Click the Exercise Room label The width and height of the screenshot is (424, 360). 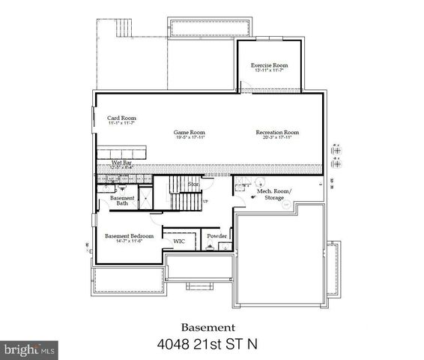[270, 65]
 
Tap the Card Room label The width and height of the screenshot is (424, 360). [121, 118]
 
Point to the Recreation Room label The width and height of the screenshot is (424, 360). [276, 132]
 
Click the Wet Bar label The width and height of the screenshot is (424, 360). [122, 162]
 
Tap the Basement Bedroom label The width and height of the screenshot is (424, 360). [129, 235]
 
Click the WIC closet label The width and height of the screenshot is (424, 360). [179, 241]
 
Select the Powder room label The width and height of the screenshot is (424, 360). [216, 235]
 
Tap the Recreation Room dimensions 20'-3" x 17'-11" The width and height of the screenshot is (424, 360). [276, 138]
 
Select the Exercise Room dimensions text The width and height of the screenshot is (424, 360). [270, 70]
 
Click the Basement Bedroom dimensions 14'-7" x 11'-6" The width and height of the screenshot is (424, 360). [129, 241]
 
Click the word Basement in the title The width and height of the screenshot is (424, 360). [209, 327]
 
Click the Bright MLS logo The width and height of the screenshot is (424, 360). [28, 349]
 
